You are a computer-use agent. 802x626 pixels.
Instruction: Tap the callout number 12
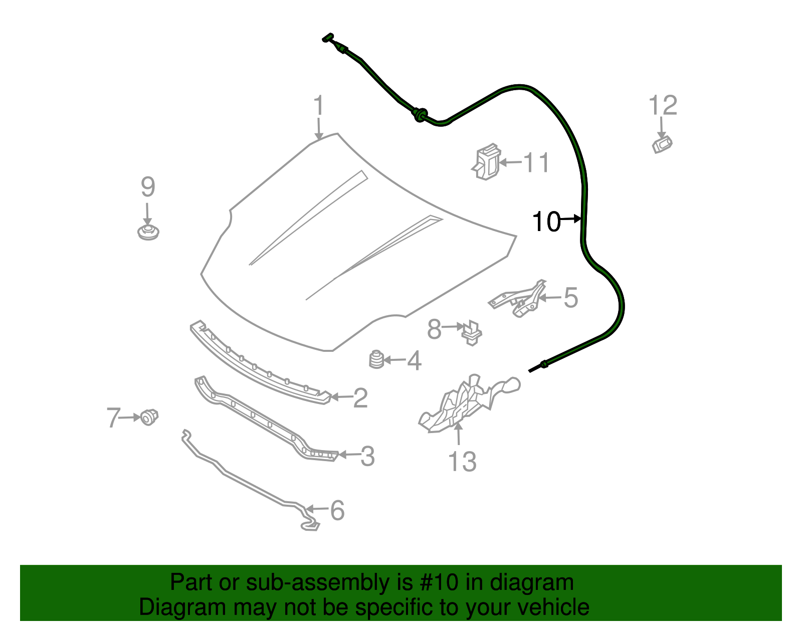pos(662,106)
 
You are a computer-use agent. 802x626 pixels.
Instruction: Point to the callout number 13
pos(462,462)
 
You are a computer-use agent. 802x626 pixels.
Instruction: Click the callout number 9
pos(148,187)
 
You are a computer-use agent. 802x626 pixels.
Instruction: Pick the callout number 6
pos(337,510)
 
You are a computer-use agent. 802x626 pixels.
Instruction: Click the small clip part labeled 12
pos(662,144)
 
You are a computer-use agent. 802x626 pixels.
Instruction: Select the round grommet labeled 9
pos(148,233)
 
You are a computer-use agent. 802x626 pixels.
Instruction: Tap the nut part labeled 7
pos(149,416)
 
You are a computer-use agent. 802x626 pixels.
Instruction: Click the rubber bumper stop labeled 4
pos(376,359)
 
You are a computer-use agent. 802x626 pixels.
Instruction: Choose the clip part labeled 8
pos(472,332)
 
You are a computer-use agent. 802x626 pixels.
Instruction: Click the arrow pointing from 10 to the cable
pos(570,219)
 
